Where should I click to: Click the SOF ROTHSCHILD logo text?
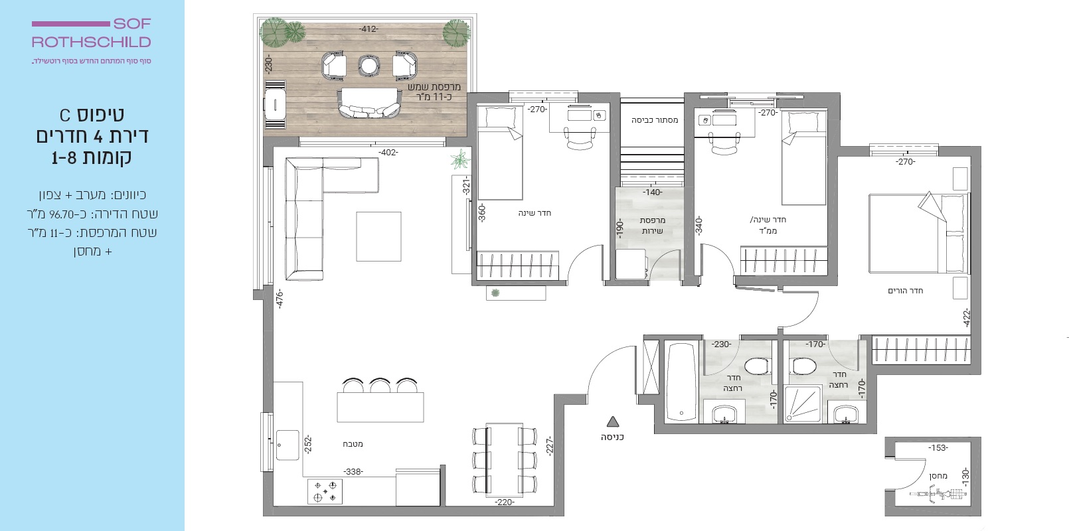[x=91, y=33]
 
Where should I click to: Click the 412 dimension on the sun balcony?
[x=369, y=29]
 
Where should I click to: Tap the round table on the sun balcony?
[x=369, y=66]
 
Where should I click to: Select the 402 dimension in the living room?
[x=388, y=153]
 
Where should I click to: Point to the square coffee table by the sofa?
[x=378, y=237]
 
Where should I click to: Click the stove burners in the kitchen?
[x=325, y=491]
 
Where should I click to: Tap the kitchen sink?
[x=288, y=445]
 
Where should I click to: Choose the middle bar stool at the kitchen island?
[x=380, y=384]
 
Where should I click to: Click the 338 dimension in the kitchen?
[x=353, y=472]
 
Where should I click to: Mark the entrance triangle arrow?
[x=613, y=421]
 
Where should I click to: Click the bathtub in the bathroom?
[x=681, y=382]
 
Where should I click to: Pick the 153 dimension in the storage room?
[x=938, y=448]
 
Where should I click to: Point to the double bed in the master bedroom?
[x=919, y=233]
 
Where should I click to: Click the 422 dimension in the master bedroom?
[x=967, y=318]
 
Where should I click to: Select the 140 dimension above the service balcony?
[x=653, y=192]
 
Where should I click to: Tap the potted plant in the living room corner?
[x=460, y=159]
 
